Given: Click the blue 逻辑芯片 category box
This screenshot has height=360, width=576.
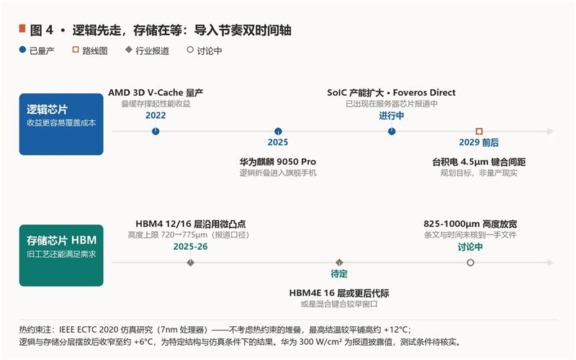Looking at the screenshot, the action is [x=61, y=124].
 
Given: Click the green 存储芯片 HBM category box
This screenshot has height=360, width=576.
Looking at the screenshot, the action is [x=61, y=256].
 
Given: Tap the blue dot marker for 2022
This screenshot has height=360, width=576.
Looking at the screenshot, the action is [x=156, y=131].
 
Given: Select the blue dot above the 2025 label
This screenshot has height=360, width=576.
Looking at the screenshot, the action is [x=278, y=131].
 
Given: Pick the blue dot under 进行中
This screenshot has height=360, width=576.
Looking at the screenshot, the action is [x=392, y=131].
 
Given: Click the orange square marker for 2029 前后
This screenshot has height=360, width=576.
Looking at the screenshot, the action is [x=479, y=131].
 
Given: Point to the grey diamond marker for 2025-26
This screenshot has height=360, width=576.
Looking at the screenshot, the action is [x=190, y=263].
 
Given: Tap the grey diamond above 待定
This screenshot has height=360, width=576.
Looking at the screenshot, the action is [x=339, y=262].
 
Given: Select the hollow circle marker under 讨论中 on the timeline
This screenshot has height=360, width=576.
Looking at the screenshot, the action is [x=470, y=263].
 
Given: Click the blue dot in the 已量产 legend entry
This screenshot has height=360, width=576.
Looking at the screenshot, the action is [x=22, y=50].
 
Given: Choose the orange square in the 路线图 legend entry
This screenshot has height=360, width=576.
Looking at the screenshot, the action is [x=76, y=50].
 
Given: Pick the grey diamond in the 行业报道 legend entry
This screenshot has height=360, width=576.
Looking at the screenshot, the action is [x=129, y=50].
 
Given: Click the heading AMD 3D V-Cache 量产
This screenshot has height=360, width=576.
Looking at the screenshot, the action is [x=156, y=93].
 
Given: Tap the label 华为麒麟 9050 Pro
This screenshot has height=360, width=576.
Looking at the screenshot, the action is [x=278, y=161].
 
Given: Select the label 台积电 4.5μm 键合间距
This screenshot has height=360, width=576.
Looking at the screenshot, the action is [x=479, y=161].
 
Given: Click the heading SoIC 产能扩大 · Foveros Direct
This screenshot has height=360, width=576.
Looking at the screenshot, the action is [x=391, y=93].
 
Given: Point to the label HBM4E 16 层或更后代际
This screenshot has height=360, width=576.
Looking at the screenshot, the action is [x=339, y=293].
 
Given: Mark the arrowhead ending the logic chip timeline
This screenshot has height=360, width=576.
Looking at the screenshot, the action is [x=551, y=131].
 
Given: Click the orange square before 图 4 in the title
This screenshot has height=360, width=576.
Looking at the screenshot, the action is [x=22, y=29].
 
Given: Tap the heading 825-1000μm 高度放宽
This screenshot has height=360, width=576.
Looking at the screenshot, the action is [x=470, y=224].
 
